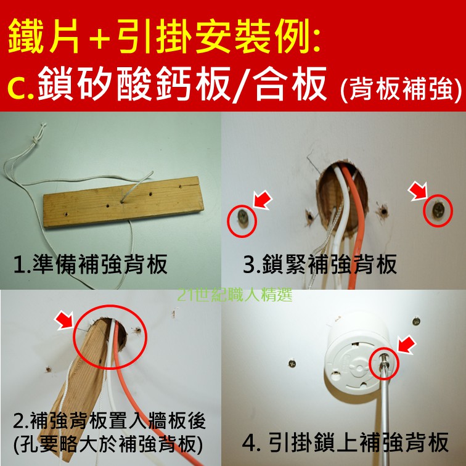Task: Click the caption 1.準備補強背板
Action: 91,264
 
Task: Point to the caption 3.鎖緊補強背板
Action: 320,264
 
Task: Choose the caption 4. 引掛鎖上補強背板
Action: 345,443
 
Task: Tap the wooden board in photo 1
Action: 124,202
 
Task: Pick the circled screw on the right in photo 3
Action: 438,210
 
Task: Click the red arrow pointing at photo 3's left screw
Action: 262,200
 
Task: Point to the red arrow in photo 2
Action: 64,320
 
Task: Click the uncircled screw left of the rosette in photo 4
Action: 292,364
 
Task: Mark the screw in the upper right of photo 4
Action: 416,321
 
